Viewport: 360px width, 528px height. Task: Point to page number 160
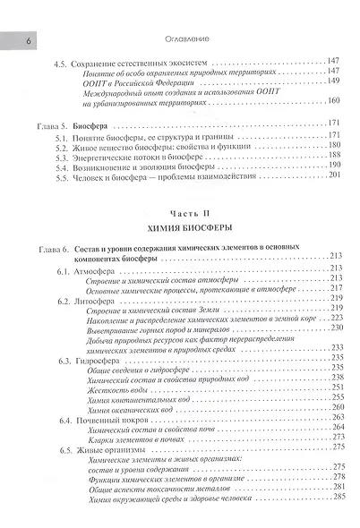pos(333,99)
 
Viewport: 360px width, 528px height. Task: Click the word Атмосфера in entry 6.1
pos(107,269)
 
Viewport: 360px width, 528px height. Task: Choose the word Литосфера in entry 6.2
pos(107,301)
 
